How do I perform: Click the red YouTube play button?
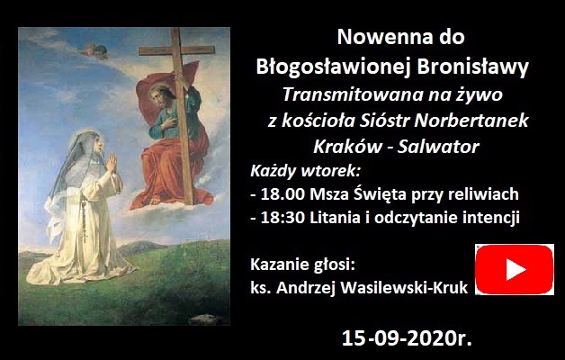tap(515, 269)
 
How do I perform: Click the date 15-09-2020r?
tap(407, 338)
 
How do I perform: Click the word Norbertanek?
tap(471, 121)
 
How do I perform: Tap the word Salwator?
tap(438, 147)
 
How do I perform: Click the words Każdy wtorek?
tap(306, 171)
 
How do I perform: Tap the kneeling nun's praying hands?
tap(112, 163)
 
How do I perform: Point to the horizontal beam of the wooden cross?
tap(176, 50)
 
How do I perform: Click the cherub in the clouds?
tap(95, 50)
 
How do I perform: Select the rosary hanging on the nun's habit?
tap(85, 220)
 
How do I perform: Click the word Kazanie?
tap(277, 265)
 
